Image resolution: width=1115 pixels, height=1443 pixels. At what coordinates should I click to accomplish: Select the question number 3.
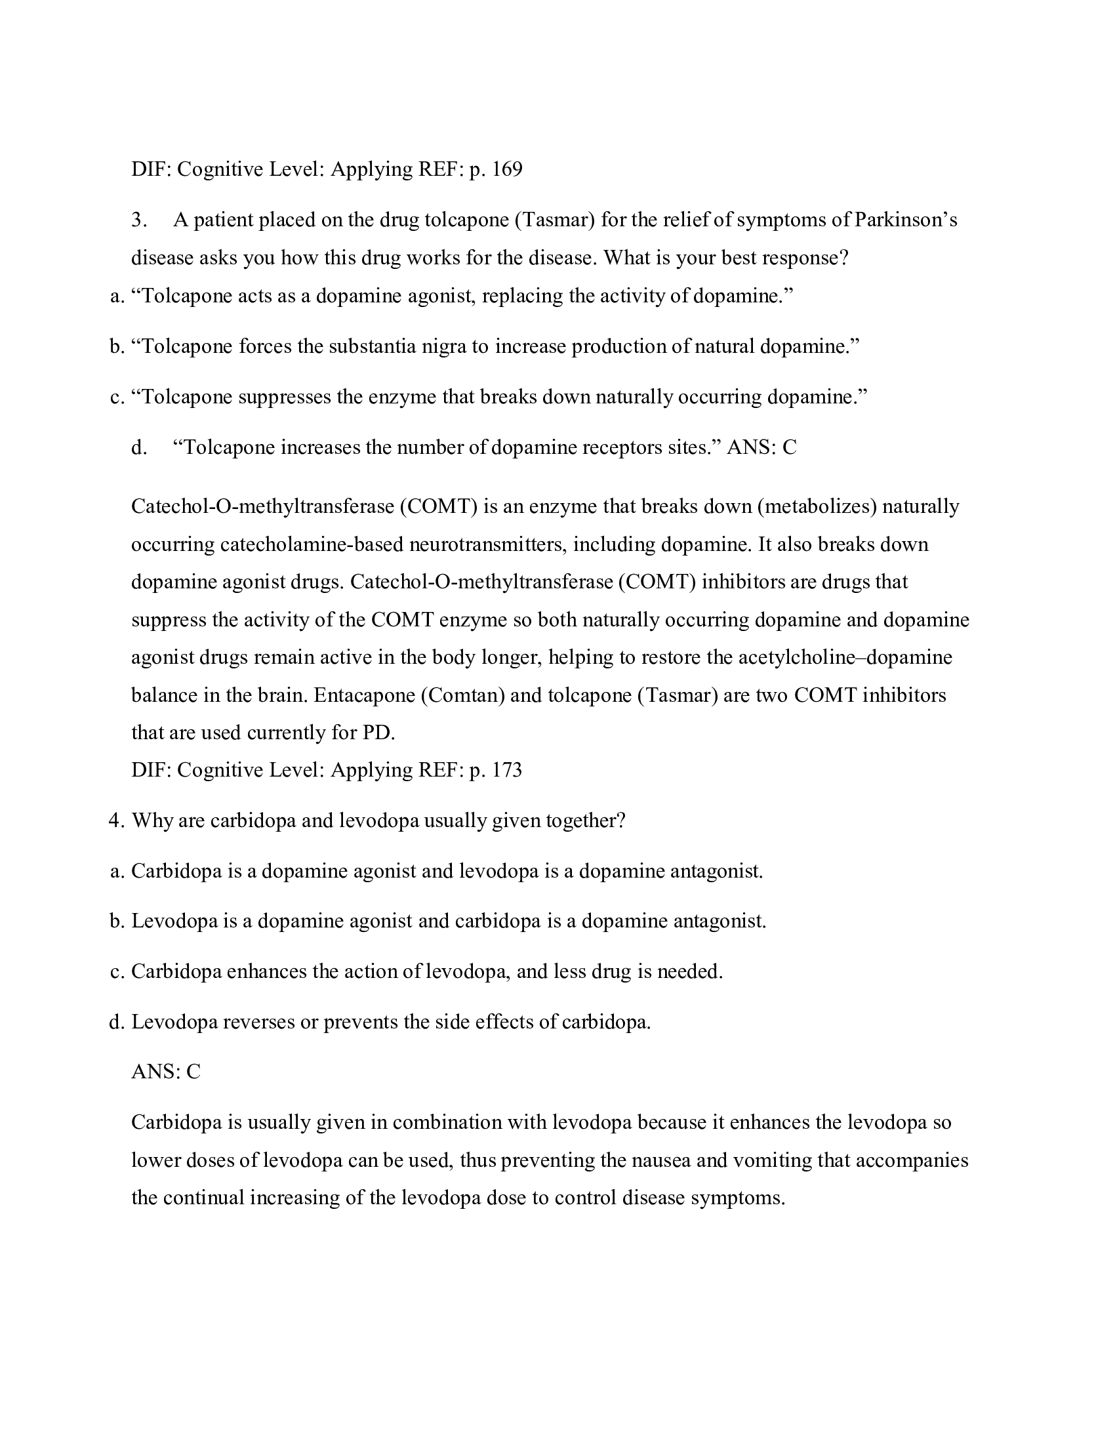click(x=138, y=220)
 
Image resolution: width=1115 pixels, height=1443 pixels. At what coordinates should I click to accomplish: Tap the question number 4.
click(x=116, y=821)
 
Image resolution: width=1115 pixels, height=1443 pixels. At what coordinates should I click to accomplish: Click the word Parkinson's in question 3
click(x=906, y=220)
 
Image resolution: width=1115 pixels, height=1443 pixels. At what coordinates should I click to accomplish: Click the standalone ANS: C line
click(x=166, y=1072)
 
